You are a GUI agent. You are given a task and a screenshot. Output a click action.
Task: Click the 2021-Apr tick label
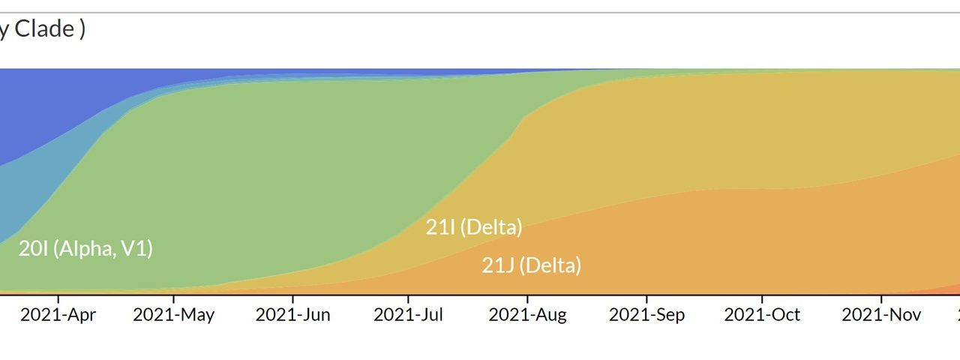(58, 315)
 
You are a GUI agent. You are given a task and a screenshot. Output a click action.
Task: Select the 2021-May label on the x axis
(173, 315)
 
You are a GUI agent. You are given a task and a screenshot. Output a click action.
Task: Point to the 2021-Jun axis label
(292, 315)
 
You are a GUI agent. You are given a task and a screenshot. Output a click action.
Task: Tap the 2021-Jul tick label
(408, 315)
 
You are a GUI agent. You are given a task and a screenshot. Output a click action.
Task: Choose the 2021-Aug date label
(527, 315)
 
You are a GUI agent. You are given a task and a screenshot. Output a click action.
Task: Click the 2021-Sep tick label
(646, 315)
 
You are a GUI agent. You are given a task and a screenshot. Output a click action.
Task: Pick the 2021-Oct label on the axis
(762, 315)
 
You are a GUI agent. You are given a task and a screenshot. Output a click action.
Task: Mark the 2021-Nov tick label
(881, 315)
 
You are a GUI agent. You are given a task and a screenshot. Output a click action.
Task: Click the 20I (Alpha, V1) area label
(85, 249)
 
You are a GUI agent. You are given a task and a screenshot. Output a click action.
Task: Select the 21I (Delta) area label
(474, 226)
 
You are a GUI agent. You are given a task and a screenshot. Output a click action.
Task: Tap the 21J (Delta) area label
(531, 265)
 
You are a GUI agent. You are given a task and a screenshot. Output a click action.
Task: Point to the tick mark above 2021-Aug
(527, 299)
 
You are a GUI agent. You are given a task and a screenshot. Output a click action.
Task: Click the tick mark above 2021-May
(173, 299)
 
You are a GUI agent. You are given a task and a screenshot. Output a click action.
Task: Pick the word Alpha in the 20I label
(83, 249)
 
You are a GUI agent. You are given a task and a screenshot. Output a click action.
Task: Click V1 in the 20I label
(137, 249)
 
